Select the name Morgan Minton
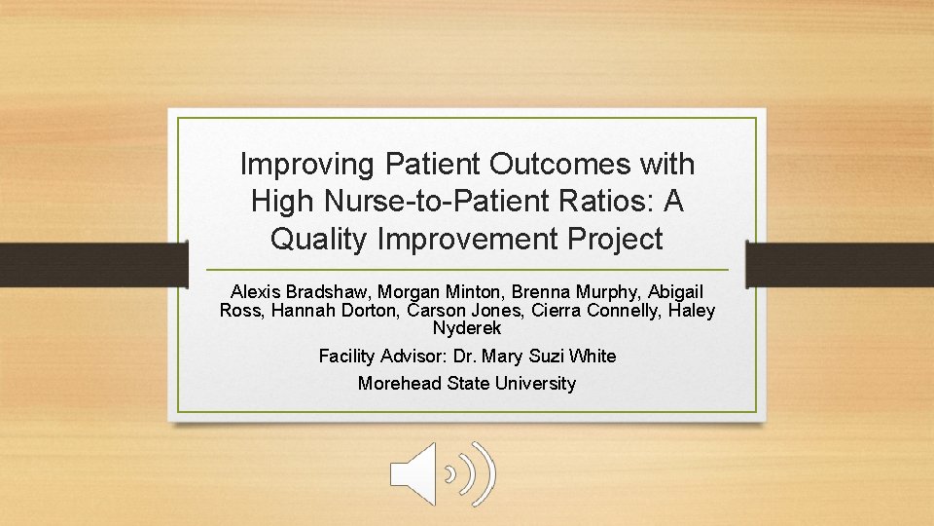425,292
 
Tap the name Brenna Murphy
560,292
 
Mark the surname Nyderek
467,329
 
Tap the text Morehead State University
467,384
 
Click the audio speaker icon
443,474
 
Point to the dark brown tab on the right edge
840,265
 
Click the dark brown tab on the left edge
93,265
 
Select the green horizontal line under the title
467,269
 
